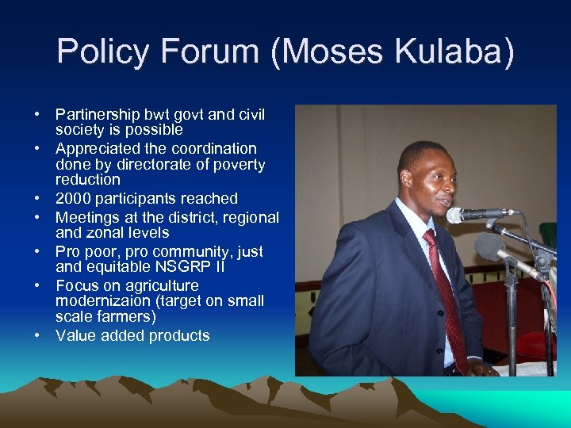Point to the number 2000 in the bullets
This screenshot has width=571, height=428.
tap(73, 199)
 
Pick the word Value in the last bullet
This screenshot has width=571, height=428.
tap(75, 336)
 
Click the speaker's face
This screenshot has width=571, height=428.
tap(428, 175)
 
